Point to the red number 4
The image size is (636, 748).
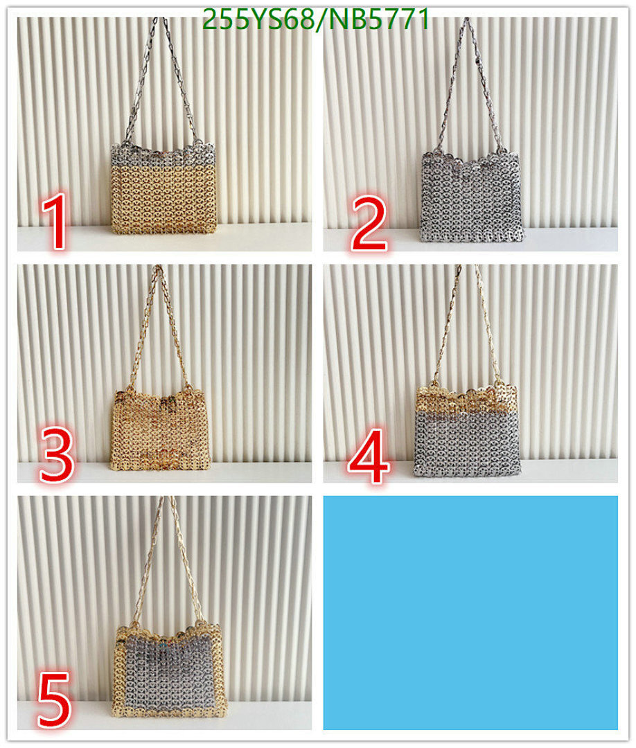(369, 454)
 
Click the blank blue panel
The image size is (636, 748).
(470, 612)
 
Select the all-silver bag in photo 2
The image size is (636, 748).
(471, 197)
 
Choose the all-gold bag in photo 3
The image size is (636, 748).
(159, 426)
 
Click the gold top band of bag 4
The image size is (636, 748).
(466, 398)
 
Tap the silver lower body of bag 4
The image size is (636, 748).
(466, 443)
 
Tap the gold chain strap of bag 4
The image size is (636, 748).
(446, 326)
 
